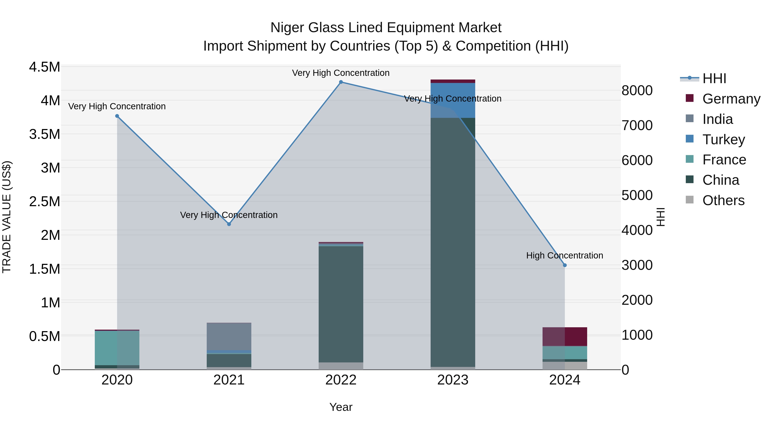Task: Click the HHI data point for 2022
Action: [x=341, y=82]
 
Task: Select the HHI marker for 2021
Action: [x=229, y=224]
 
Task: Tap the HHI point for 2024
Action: [x=565, y=265]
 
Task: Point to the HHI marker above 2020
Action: [x=117, y=116]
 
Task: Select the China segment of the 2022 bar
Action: [x=341, y=304]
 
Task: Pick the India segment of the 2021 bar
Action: [x=229, y=336]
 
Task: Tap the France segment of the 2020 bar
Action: [x=117, y=348]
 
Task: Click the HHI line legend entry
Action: [x=714, y=78]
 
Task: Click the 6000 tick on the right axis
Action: [x=637, y=160]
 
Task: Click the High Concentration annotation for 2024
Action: [x=565, y=255]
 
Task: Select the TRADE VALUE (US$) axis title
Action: [x=7, y=217]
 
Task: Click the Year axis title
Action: [x=341, y=407]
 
